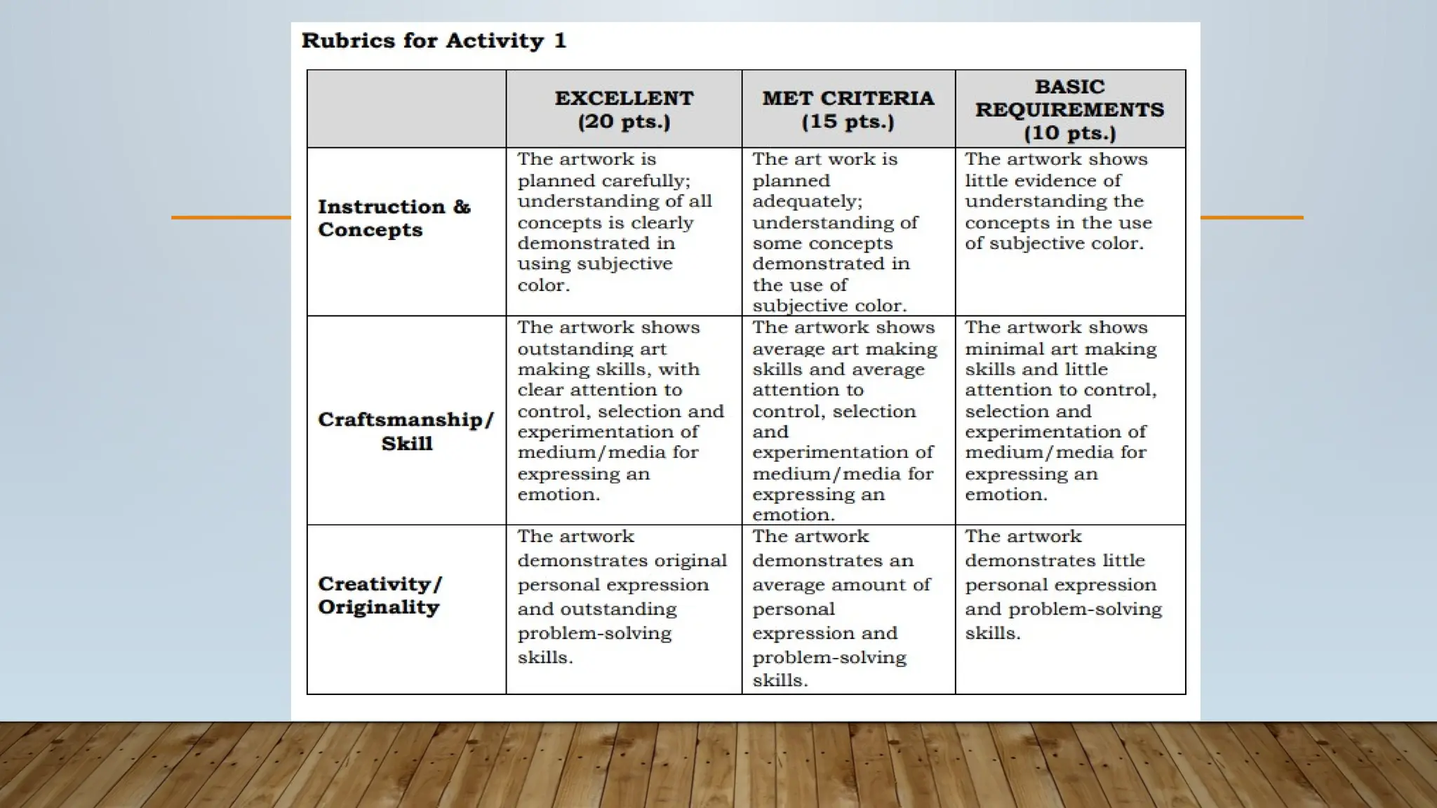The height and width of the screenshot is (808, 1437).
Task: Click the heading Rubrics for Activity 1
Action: coord(434,41)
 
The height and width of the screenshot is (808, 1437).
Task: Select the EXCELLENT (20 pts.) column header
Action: coord(624,109)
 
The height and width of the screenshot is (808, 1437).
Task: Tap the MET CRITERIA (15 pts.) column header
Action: coord(848,109)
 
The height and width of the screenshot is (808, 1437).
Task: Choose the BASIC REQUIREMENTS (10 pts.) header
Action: coord(1069,109)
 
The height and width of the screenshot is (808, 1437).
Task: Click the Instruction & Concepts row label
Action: coord(394,218)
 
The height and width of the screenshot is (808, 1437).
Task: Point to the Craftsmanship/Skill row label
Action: coord(406,431)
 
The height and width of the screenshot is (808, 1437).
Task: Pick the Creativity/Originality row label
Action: coord(380,595)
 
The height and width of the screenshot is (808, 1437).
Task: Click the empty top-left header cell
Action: coord(406,109)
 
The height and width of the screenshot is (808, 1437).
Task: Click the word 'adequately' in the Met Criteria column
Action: coord(807,202)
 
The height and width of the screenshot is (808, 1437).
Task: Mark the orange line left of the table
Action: coord(231,217)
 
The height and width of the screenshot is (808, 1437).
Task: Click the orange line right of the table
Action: coord(1252,217)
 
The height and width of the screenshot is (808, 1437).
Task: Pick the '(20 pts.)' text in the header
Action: coord(624,121)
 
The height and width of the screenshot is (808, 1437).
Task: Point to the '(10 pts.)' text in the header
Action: coord(1069,133)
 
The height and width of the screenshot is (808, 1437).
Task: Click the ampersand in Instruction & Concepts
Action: coord(461,207)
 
